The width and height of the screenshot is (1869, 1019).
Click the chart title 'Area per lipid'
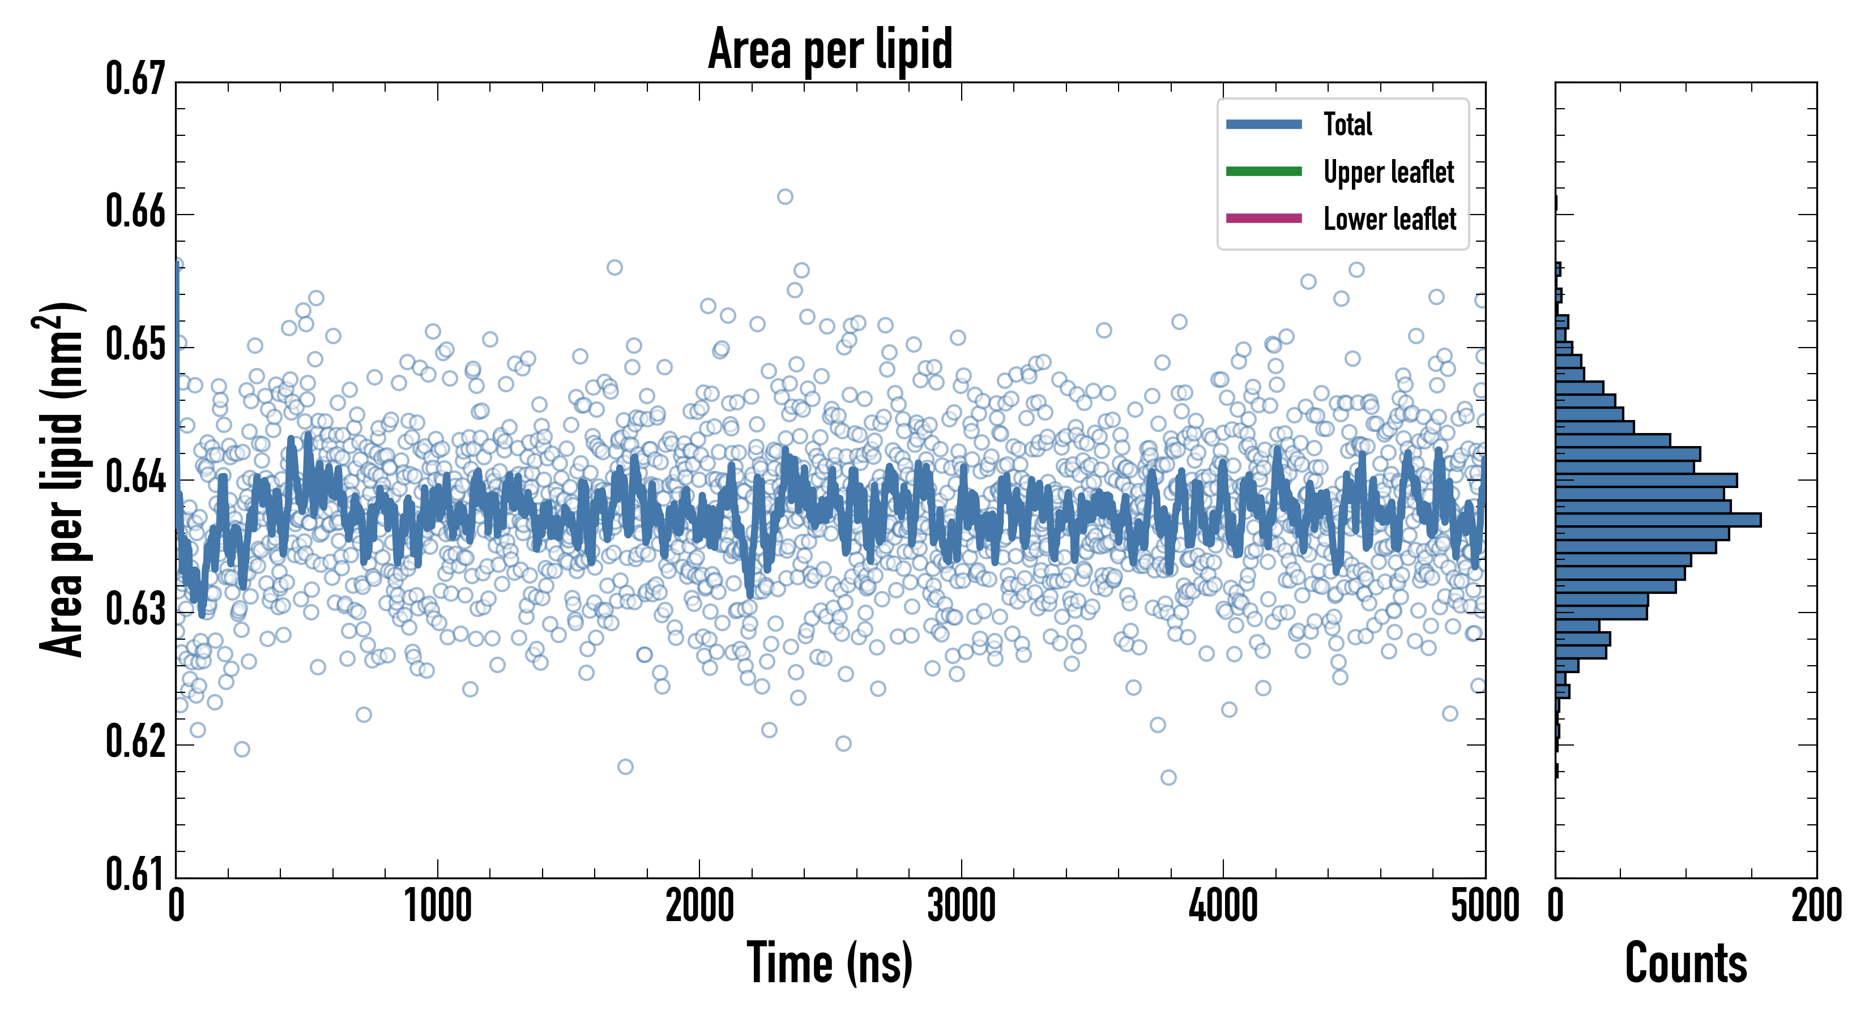click(830, 49)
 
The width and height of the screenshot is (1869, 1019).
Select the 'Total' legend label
click(1347, 124)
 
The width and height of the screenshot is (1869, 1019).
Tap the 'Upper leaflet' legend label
click(1388, 172)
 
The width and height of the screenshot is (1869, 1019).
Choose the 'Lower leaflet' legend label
click(1389, 219)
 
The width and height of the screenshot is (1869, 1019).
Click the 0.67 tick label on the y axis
click(136, 79)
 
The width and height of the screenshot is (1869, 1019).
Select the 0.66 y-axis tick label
click(136, 212)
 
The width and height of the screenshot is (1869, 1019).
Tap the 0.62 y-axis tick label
click(136, 742)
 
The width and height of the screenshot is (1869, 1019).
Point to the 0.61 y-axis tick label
click(136, 874)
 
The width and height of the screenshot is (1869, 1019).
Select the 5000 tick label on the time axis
click(1484, 906)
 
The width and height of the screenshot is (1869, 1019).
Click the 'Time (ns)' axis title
click(830, 963)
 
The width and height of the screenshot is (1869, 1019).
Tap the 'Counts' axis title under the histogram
click(1685, 963)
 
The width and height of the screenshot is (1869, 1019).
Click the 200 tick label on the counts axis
click(1816, 906)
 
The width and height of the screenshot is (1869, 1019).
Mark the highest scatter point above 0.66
click(785, 196)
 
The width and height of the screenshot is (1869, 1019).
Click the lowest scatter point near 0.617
click(1168, 777)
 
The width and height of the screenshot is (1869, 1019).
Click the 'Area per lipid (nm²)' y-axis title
click(62, 480)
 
